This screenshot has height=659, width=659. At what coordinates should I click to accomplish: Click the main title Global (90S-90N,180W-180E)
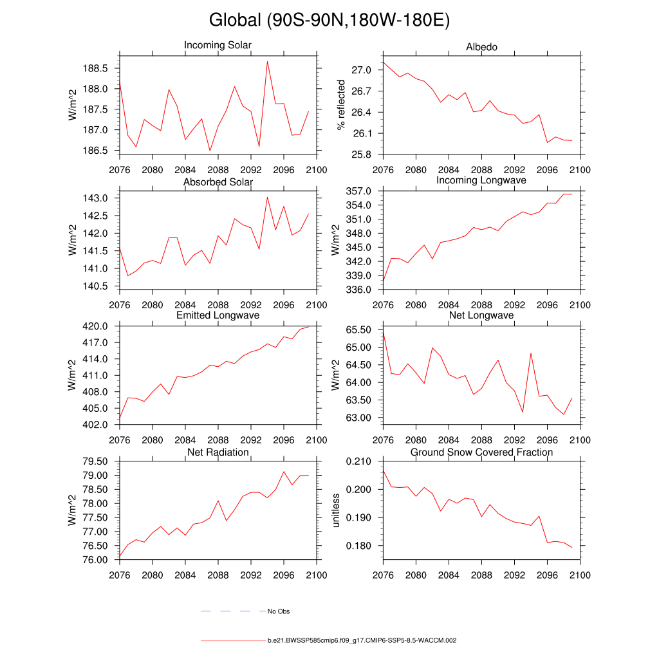point(329,20)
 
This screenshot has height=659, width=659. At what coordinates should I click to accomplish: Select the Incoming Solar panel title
point(218,46)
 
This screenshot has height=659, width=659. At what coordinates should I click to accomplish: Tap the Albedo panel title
point(481,48)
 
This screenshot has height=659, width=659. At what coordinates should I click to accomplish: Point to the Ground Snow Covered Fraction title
point(481,452)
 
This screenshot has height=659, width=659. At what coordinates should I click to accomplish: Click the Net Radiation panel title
point(218,452)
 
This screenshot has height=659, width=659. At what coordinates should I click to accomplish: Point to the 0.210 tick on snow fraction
point(360,461)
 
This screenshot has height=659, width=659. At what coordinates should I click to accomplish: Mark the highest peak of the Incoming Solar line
point(267,61)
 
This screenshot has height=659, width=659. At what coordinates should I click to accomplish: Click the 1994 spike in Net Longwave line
point(531,353)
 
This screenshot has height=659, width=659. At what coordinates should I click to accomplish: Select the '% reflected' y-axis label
point(341,106)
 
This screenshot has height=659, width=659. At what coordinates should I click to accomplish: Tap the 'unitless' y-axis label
point(335,510)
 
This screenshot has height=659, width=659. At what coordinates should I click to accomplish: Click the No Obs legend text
point(278,611)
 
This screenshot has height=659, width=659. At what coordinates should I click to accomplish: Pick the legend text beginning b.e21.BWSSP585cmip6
point(362,641)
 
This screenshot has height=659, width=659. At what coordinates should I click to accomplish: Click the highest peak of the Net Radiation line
point(284,472)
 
